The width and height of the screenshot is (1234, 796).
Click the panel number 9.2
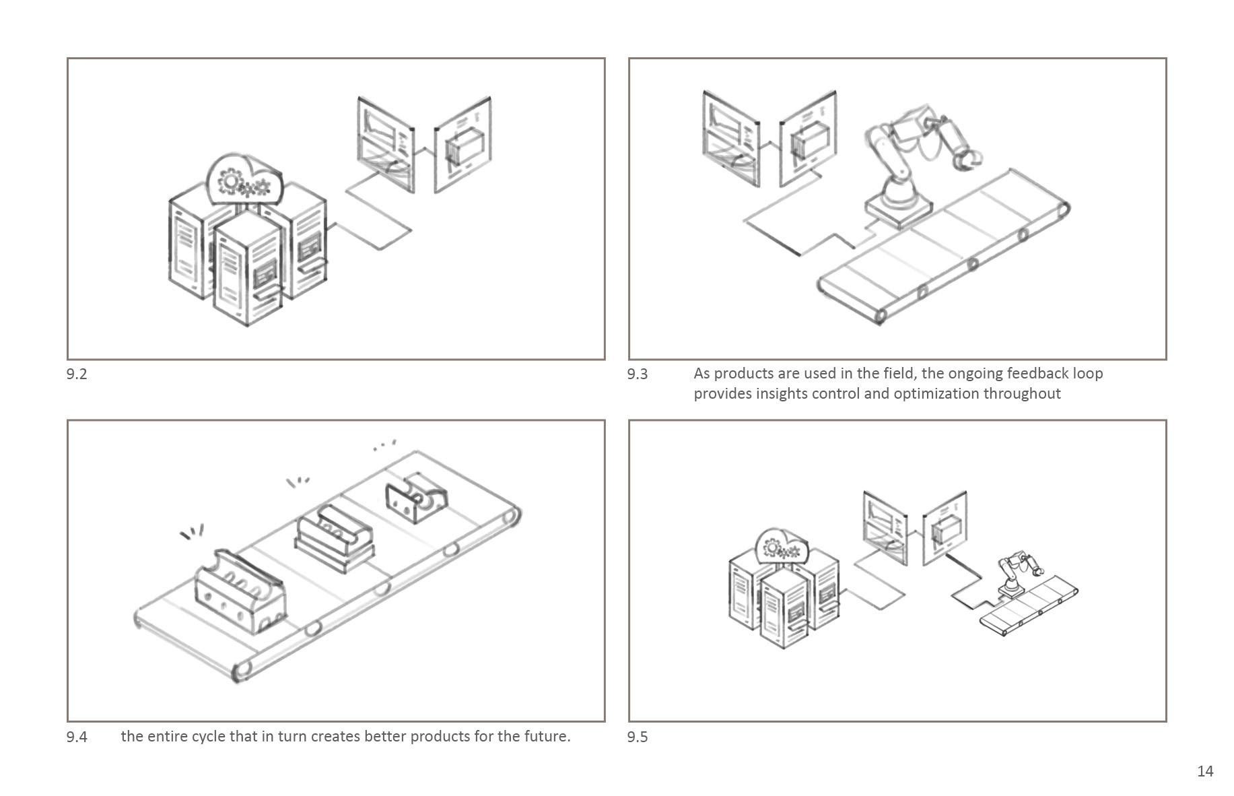click(x=77, y=374)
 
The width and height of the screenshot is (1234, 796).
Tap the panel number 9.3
click(x=637, y=374)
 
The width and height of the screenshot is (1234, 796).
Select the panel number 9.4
click(x=77, y=737)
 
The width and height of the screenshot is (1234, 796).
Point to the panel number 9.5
click(x=637, y=737)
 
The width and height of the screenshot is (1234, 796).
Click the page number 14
click(x=1205, y=772)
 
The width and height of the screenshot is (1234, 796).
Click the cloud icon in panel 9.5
click(x=782, y=548)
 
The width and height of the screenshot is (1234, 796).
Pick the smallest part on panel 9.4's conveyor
click(x=416, y=501)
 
